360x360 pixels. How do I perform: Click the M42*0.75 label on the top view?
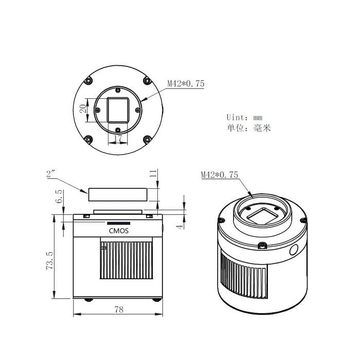click(x=186, y=83)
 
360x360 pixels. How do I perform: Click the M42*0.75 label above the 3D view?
click(x=220, y=175)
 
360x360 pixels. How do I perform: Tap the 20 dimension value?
click(x=83, y=109)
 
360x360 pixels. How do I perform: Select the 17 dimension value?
click(x=118, y=138)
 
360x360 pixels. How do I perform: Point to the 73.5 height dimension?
click(x=49, y=260)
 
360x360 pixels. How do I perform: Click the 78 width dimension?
click(x=119, y=310)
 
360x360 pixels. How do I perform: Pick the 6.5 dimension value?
click(x=59, y=196)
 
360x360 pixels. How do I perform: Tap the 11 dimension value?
click(x=153, y=173)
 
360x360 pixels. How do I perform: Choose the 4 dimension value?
click(x=180, y=226)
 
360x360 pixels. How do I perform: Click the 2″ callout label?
click(x=51, y=174)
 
